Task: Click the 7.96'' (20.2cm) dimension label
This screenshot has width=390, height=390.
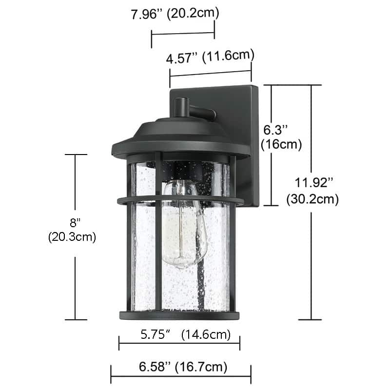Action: point(175,14)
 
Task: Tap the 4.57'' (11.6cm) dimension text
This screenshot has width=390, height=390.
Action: point(211,58)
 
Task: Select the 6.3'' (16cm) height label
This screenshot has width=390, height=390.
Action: point(281,137)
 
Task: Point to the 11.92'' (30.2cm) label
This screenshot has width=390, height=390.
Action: point(312,191)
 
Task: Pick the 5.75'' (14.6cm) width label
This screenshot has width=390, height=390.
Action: point(185,335)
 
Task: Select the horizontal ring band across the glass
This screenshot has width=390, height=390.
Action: point(180,199)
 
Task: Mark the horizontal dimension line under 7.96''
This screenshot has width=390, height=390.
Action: point(183,34)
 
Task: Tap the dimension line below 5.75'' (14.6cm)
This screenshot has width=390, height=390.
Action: point(179,344)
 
